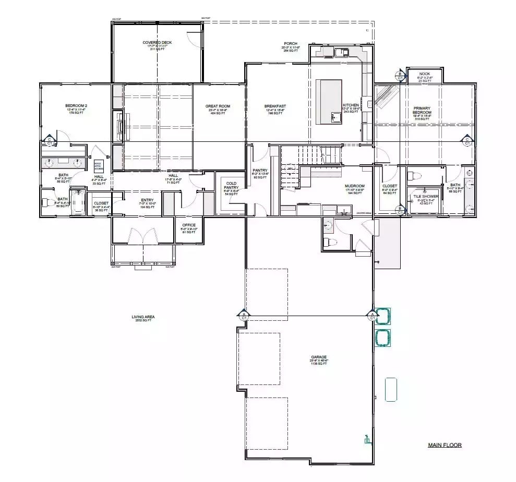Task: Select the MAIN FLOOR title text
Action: [x=445, y=445]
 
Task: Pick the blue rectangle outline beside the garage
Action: [x=391, y=389]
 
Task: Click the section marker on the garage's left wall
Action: [x=244, y=315]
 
